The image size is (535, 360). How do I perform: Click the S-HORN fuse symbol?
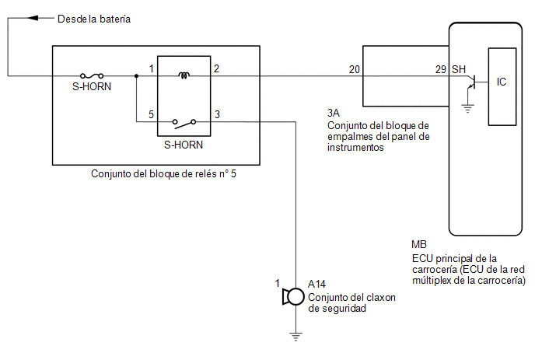tap(92, 75)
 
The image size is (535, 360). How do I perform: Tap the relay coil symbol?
tap(184, 75)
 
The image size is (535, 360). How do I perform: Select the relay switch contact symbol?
tap(184, 123)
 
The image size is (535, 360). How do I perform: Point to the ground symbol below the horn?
tap(295, 337)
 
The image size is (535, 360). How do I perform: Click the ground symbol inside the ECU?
tap(468, 109)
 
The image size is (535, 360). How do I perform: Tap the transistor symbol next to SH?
tap(472, 82)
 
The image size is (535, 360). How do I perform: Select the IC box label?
tap(502, 82)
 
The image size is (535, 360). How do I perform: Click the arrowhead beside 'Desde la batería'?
tap(33, 18)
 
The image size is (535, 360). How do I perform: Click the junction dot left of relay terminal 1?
tap(137, 75)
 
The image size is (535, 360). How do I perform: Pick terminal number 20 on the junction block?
tap(354, 70)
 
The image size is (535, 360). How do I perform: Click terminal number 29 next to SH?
tap(441, 70)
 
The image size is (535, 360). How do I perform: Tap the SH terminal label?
tap(459, 70)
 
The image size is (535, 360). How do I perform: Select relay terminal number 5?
tap(151, 114)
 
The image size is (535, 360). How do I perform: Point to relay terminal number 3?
tap(217, 114)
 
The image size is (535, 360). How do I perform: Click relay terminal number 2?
tap(216, 68)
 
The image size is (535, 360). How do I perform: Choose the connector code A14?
tap(316, 284)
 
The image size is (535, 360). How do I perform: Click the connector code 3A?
tap(334, 113)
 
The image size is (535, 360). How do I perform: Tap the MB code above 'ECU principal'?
tap(419, 244)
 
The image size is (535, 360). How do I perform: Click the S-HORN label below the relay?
tap(184, 145)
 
